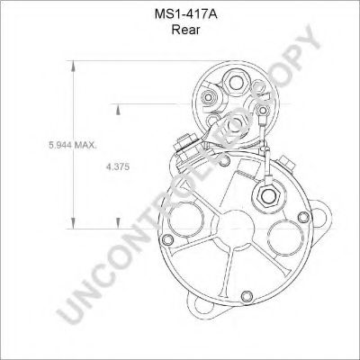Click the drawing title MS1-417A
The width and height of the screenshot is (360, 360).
(179, 13)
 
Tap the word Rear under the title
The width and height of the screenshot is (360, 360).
(179, 29)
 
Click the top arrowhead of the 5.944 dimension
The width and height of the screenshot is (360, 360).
(73, 63)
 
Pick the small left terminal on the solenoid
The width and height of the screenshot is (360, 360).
(209, 97)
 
